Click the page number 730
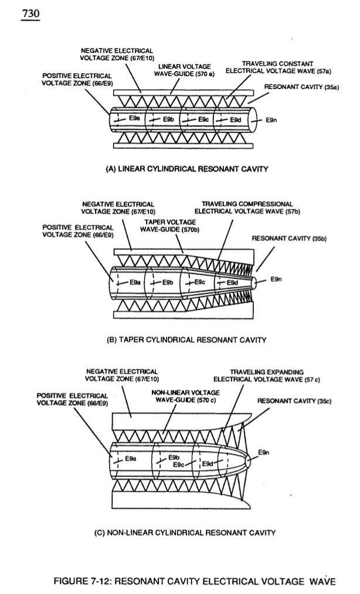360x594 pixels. point(30,13)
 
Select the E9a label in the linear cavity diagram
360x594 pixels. point(134,118)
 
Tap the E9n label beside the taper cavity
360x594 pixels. point(276,279)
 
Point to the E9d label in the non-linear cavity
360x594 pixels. point(208,464)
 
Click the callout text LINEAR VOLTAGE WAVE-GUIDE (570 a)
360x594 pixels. point(184,70)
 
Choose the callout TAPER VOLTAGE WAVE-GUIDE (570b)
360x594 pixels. point(170,226)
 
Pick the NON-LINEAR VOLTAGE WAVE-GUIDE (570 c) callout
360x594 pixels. point(186,396)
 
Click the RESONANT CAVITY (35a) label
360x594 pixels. point(301,87)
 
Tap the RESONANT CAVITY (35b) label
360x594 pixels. point(289,238)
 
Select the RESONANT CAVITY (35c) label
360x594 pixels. point(294,401)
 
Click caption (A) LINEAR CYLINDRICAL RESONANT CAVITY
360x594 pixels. point(187,169)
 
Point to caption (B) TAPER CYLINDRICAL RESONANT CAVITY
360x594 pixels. point(186,340)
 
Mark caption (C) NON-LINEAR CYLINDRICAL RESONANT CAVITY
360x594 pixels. point(185,532)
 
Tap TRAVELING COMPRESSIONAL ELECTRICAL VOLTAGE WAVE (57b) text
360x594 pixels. point(247,208)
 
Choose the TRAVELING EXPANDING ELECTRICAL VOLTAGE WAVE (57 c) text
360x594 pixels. point(267,376)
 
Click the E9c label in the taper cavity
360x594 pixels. point(200,282)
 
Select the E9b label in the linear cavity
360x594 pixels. point(168,120)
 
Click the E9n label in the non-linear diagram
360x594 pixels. point(264,452)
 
